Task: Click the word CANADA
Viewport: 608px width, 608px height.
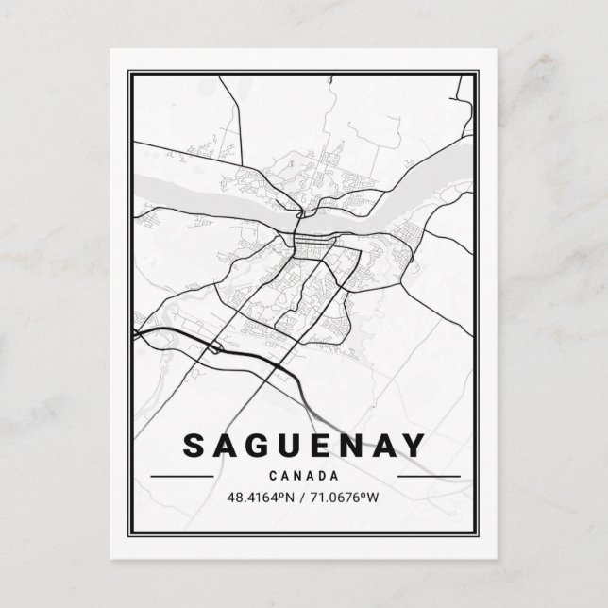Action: [x=304, y=475]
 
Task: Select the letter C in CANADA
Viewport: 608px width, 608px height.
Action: [x=274, y=475]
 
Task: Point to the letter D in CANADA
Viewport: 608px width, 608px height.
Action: [x=322, y=475]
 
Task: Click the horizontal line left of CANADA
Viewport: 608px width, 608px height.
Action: [x=181, y=476]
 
